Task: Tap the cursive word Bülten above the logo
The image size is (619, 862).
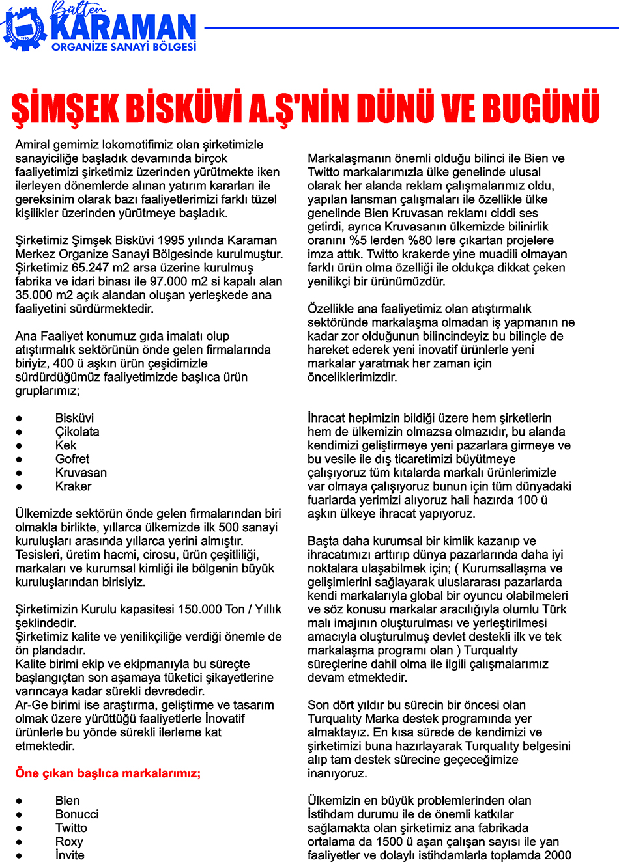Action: coord(79,9)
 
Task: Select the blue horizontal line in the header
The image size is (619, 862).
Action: coord(410,28)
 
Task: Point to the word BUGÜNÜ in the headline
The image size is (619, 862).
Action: coord(543,108)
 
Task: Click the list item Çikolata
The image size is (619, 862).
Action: coord(77,432)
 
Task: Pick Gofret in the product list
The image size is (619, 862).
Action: coord(72,459)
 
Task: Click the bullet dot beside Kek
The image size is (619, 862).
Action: coord(20,446)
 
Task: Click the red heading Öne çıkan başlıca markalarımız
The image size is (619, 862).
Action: coord(108,773)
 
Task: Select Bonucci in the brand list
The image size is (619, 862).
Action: coord(77,814)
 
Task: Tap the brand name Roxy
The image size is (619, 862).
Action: coord(69,842)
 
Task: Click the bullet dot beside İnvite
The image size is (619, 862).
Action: coord(20,855)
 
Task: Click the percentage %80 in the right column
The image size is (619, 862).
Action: coord(421,240)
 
